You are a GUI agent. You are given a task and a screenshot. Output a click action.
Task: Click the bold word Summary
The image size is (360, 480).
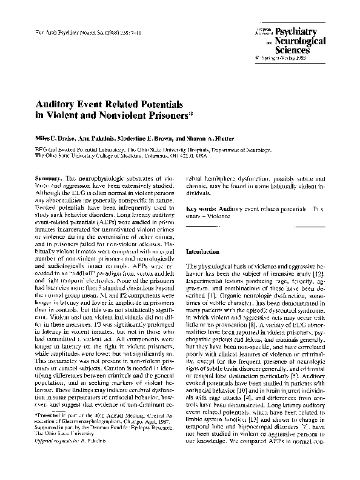point(44,179)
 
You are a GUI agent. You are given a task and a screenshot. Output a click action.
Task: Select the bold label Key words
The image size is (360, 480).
point(200,208)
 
